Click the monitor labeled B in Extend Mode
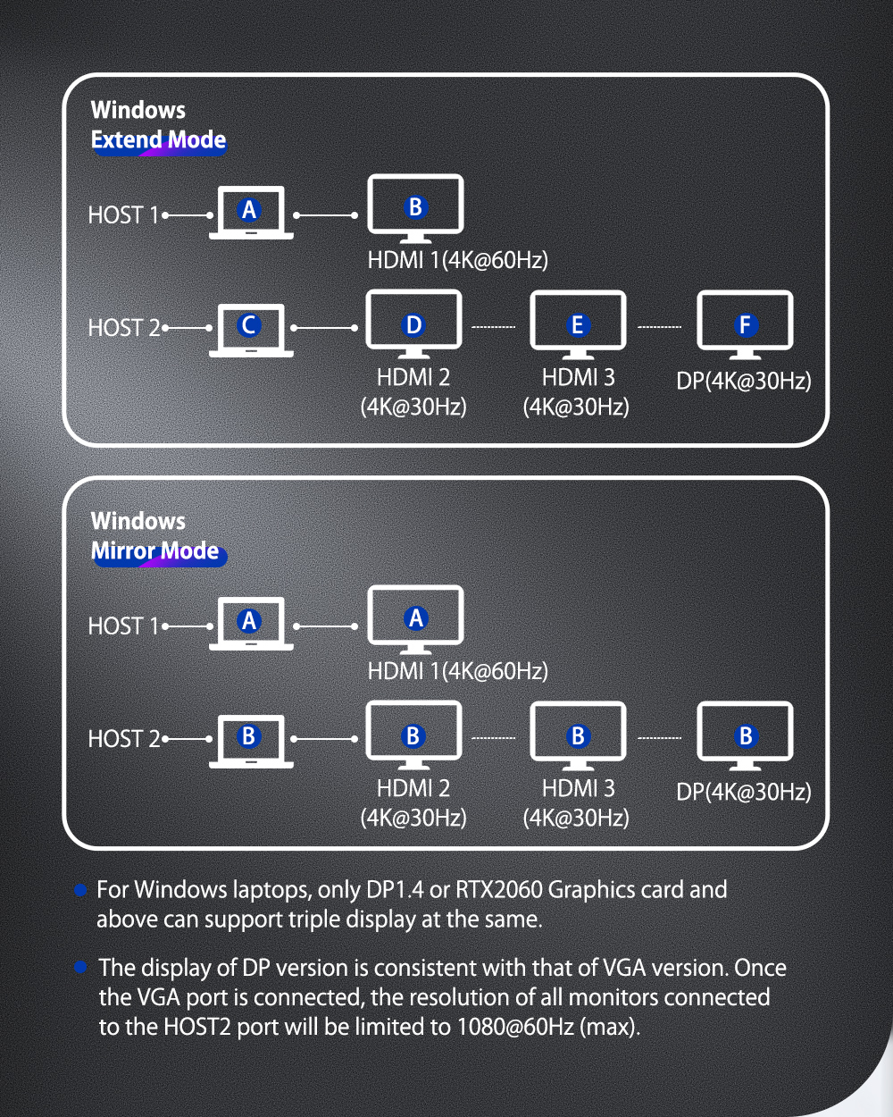[x=415, y=207]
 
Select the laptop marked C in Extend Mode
[x=250, y=327]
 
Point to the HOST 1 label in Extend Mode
[x=122, y=215]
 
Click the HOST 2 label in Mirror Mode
[x=123, y=739]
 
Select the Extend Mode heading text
[x=158, y=140]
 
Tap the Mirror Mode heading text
[x=155, y=551]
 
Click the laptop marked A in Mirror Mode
[x=250, y=622]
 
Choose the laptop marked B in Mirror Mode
[x=250, y=738]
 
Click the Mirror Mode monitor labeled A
[x=415, y=617]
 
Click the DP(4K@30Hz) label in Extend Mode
[x=743, y=381]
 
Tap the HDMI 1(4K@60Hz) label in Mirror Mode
[x=457, y=671]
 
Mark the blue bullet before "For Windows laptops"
[x=80, y=890]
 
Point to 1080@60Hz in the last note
[x=515, y=1027]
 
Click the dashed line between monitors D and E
[x=494, y=327]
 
